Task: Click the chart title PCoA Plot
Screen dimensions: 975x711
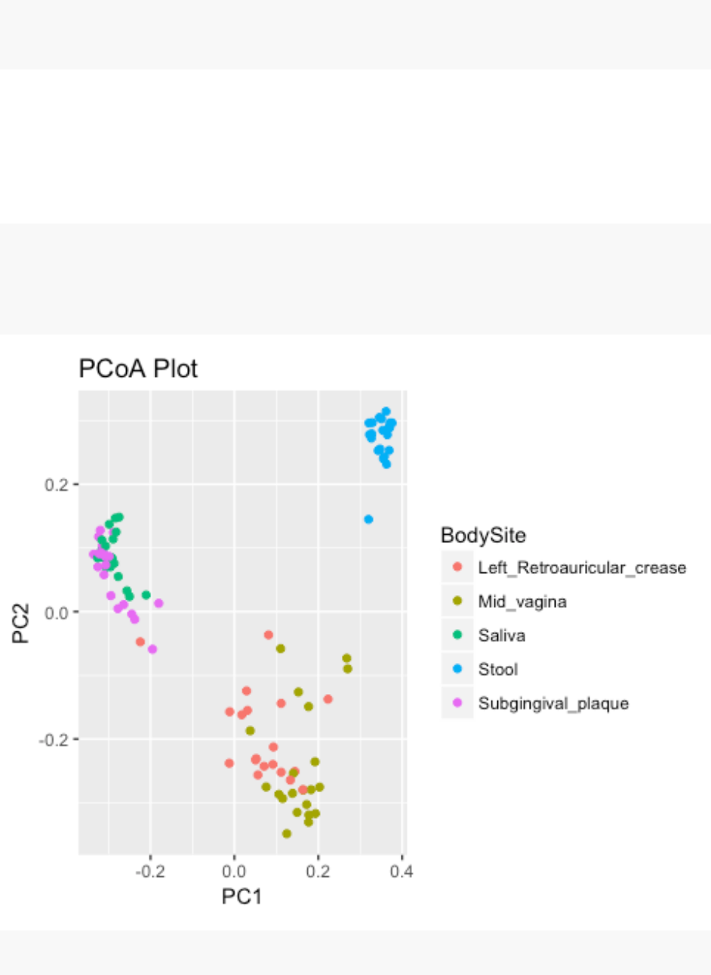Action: click(138, 369)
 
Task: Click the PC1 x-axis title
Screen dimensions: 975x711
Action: click(242, 896)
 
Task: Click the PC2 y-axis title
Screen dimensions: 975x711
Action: click(21, 623)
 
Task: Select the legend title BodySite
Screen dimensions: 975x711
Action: click(483, 535)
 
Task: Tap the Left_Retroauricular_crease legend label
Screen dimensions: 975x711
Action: click(582, 568)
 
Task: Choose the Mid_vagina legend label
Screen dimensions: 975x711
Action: click(522, 602)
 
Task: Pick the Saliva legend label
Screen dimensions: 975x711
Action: click(501, 636)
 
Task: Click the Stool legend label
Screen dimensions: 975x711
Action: click(498, 670)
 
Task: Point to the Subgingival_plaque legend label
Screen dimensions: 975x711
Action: click(553, 704)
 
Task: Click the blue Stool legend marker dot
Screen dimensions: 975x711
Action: click(457, 669)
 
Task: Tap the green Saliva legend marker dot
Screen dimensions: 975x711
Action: click(457, 635)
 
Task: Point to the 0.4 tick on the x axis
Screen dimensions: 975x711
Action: click(402, 872)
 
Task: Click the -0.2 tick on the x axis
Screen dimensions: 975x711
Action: click(149, 872)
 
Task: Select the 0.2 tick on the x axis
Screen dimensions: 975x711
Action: click(318, 872)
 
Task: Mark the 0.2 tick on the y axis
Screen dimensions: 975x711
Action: click(57, 484)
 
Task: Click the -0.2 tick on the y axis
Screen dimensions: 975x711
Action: click(54, 739)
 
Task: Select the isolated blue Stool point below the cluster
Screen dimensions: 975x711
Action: click(368, 520)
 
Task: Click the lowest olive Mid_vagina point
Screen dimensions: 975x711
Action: click(287, 834)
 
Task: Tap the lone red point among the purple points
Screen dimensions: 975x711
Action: click(140, 642)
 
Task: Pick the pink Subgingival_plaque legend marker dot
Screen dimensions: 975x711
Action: click(457, 703)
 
